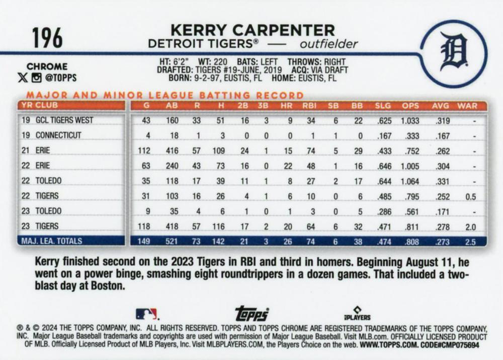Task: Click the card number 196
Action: [47, 38]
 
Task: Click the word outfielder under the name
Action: [328, 44]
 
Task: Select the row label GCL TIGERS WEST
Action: [64, 120]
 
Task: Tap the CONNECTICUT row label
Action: [58, 135]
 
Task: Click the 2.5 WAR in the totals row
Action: [470, 241]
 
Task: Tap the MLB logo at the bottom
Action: [146, 314]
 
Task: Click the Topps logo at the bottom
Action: [251, 313]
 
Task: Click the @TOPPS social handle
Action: [60, 78]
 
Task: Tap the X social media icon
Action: [22, 78]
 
